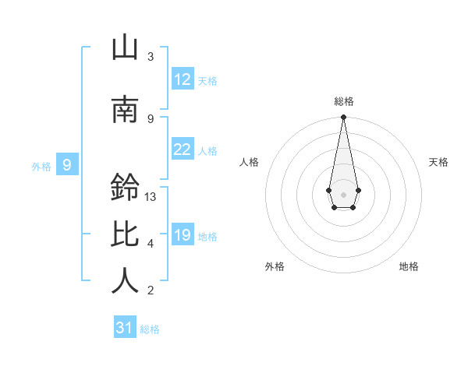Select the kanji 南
click(x=125, y=109)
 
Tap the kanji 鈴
click(x=125, y=188)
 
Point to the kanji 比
click(x=125, y=234)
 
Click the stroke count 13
click(x=151, y=197)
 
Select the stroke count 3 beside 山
click(x=151, y=57)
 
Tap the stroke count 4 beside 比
click(x=151, y=244)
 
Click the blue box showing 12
click(x=183, y=79)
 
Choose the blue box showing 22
click(x=183, y=150)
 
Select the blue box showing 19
click(x=183, y=234)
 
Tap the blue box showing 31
click(x=125, y=328)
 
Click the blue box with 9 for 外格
click(x=67, y=164)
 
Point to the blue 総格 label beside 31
click(x=150, y=329)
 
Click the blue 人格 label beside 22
click(x=207, y=151)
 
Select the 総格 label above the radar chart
click(x=343, y=101)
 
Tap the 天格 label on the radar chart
click(x=439, y=162)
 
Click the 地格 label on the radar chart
click(x=409, y=266)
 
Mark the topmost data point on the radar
click(x=343, y=118)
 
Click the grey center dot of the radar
click(x=343, y=193)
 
